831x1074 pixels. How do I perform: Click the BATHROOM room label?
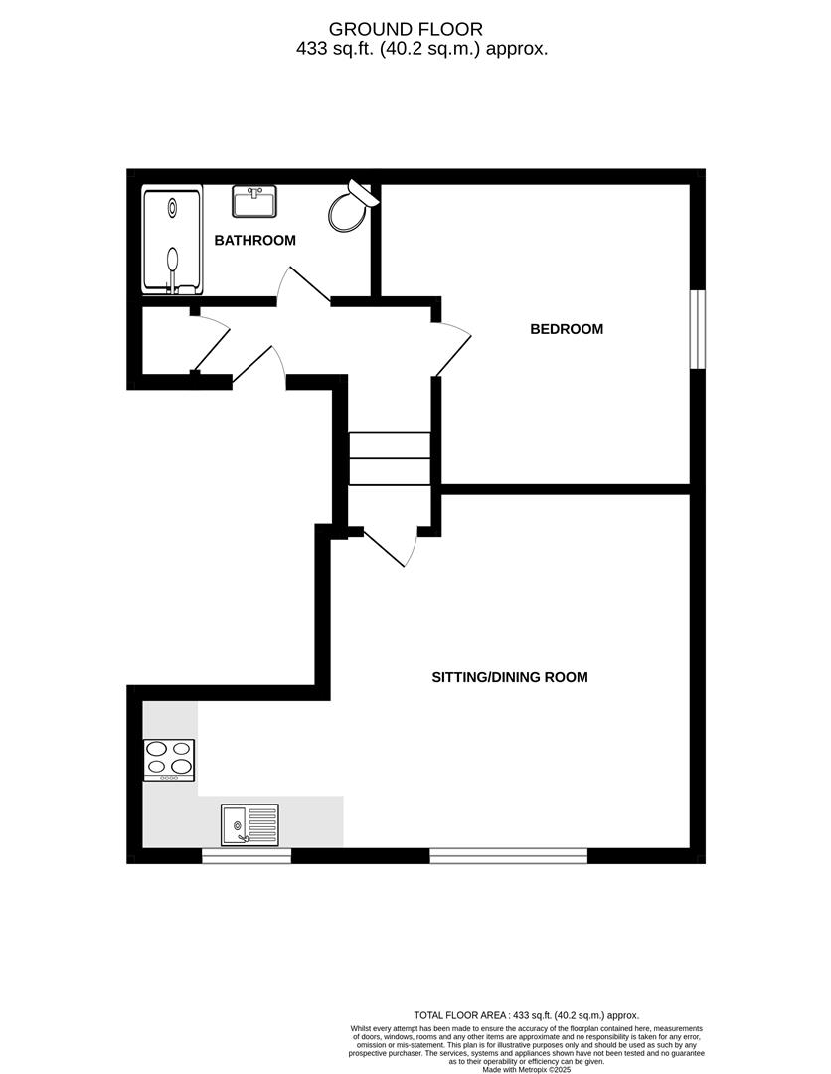point(255,240)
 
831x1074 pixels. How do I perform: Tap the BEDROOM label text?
point(566,329)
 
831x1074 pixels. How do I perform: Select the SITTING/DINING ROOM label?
point(509,677)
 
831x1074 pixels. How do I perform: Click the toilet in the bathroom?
point(347,210)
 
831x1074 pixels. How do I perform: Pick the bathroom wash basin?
point(253,202)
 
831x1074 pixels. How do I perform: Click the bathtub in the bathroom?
point(173,242)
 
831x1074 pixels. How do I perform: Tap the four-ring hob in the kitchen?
point(169,761)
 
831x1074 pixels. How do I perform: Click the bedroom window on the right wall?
point(698,329)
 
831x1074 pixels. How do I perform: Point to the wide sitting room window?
point(508,855)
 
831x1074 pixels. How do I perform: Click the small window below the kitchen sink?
point(247,855)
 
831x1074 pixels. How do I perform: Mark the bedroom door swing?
point(452,348)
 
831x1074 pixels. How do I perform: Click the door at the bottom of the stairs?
point(390,549)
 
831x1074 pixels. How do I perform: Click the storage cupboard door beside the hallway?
point(211,344)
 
